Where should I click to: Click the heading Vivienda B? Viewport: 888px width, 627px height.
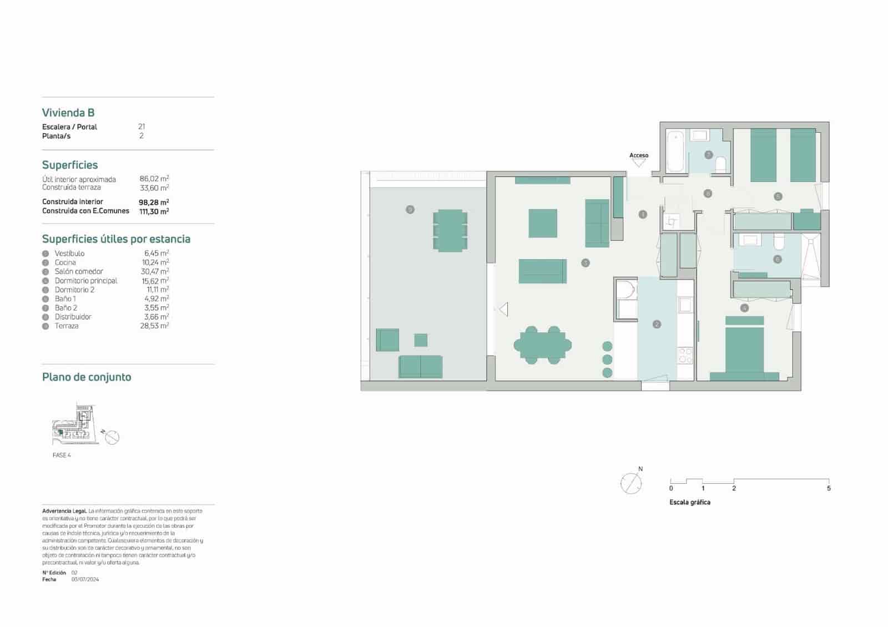click(68, 113)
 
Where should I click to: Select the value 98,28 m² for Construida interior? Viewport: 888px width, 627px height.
click(154, 202)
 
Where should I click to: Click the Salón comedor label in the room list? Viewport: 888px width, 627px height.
click(79, 271)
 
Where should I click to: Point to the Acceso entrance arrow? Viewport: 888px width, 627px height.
click(639, 163)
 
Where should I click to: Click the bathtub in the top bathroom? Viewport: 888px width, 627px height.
click(675, 151)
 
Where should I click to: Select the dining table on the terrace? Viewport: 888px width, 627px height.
click(450, 230)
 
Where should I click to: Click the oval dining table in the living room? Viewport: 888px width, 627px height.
click(542, 345)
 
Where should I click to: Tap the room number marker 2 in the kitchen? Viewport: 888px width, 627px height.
click(657, 324)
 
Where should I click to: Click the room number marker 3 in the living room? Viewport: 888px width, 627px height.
click(585, 263)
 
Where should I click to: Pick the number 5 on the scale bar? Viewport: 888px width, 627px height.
click(829, 488)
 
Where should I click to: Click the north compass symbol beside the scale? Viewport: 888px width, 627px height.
click(631, 483)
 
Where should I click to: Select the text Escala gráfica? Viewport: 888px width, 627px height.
click(689, 502)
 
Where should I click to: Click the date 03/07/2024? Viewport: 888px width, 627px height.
click(85, 579)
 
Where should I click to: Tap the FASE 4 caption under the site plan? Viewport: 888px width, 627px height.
click(62, 455)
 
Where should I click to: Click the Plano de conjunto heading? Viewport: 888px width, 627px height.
click(87, 377)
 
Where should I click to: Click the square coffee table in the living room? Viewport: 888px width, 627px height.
click(542, 223)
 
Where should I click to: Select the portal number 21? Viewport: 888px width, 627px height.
click(142, 127)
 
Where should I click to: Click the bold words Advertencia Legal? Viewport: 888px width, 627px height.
click(64, 511)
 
